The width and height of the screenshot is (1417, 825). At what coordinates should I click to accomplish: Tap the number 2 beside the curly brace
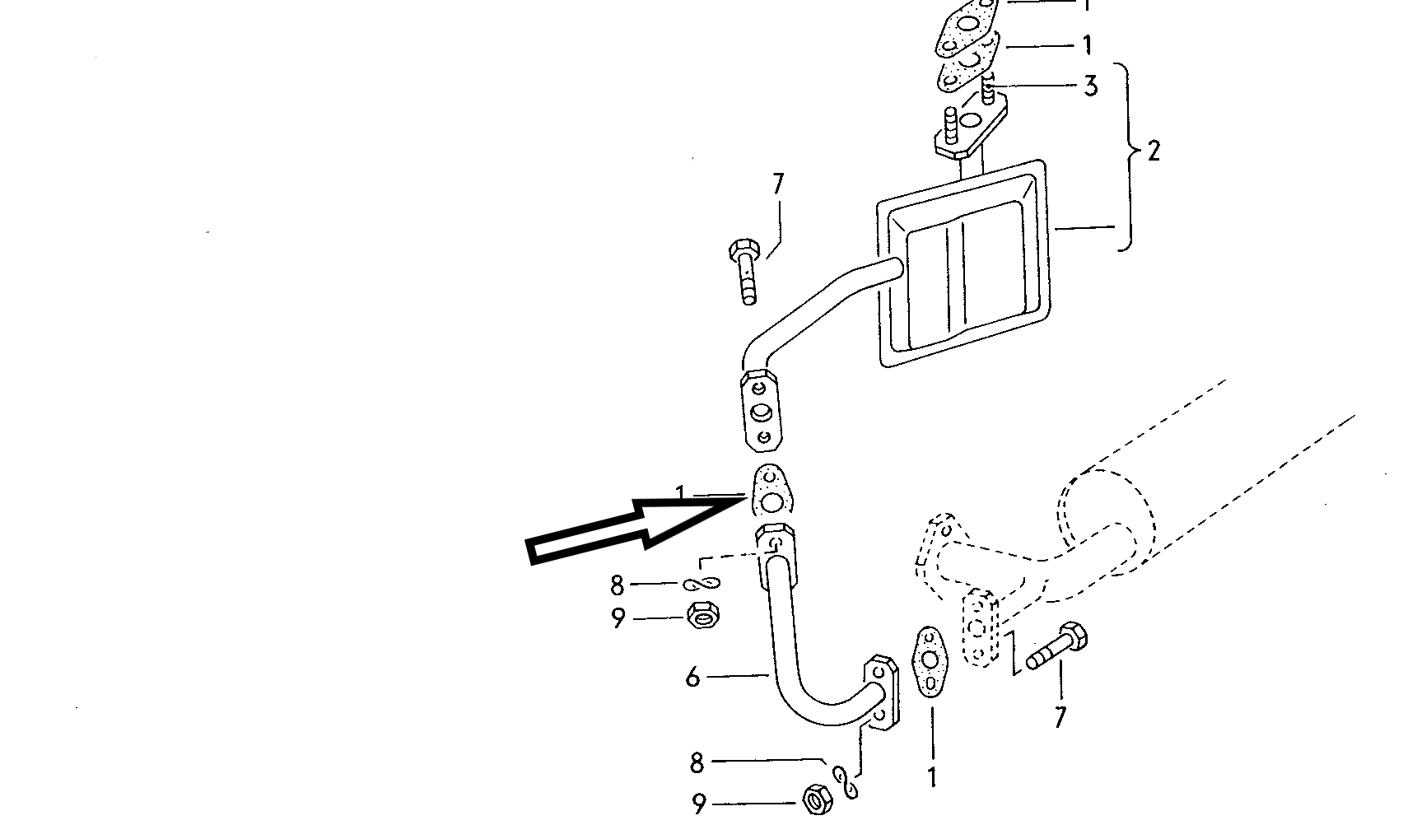(x=1154, y=151)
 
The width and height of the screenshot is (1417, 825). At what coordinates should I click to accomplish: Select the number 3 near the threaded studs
(x=1090, y=86)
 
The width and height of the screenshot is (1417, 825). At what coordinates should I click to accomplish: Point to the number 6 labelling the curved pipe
(x=693, y=678)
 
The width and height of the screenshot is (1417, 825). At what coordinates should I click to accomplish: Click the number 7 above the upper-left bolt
(x=778, y=184)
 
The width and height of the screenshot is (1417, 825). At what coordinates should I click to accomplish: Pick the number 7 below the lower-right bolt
(x=1060, y=717)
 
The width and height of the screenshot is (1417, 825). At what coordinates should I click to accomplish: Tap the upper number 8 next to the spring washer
(x=618, y=585)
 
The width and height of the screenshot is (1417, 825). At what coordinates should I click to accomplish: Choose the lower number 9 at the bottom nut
(x=698, y=804)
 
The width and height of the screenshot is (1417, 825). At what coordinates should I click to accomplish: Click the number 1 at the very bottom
(x=932, y=777)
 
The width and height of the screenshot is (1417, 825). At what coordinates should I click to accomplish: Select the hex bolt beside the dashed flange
(x=1056, y=648)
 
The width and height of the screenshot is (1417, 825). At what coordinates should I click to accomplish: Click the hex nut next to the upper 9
(x=704, y=615)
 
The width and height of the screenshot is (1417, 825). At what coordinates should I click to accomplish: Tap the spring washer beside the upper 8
(x=702, y=584)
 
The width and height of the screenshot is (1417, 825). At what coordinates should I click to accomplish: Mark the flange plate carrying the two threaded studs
(x=972, y=128)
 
